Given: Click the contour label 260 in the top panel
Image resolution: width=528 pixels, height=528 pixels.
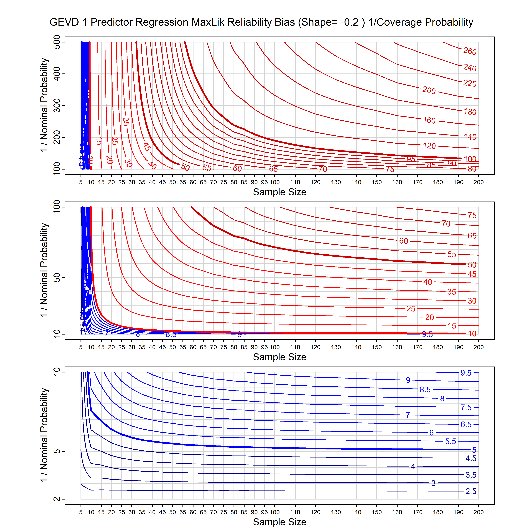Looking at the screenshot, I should (469, 51).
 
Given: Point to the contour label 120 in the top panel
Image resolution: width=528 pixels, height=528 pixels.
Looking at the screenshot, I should (429, 146).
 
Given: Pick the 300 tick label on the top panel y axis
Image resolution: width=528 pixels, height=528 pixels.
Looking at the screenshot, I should (57, 105).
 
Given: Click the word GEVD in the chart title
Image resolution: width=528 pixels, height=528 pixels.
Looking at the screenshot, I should (64, 22).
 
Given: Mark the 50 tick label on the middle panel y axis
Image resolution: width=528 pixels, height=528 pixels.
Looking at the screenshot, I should (57, 278).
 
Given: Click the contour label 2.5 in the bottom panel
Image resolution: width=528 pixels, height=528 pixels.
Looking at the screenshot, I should (471, 491).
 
